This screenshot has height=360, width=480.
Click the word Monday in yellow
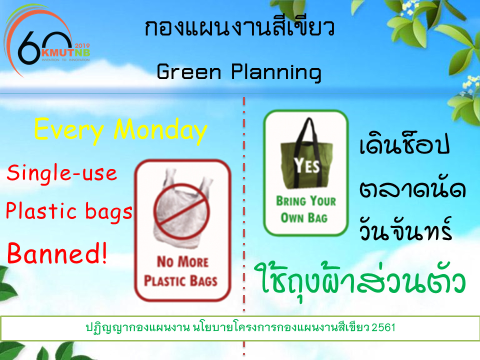click(160, 130)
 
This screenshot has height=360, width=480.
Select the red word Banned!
click(57, 253)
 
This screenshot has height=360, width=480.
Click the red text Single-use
click(62, 173)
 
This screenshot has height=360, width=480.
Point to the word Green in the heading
click(188, 71)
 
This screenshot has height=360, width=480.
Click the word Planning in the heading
click(276, 73)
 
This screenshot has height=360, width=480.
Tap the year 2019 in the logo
click(82, 45)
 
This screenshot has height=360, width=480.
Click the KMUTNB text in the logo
click(65, 52)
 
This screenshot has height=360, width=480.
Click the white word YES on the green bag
click(306, 165)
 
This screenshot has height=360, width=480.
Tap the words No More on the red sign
click(183, 261)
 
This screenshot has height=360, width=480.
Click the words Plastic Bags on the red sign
click(180, 281)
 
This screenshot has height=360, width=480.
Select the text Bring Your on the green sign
click(306, 201)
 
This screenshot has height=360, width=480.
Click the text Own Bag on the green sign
click(304, 217)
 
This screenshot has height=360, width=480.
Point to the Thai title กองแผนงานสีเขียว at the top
click(239, 27)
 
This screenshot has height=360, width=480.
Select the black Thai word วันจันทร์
click(405, 229)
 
